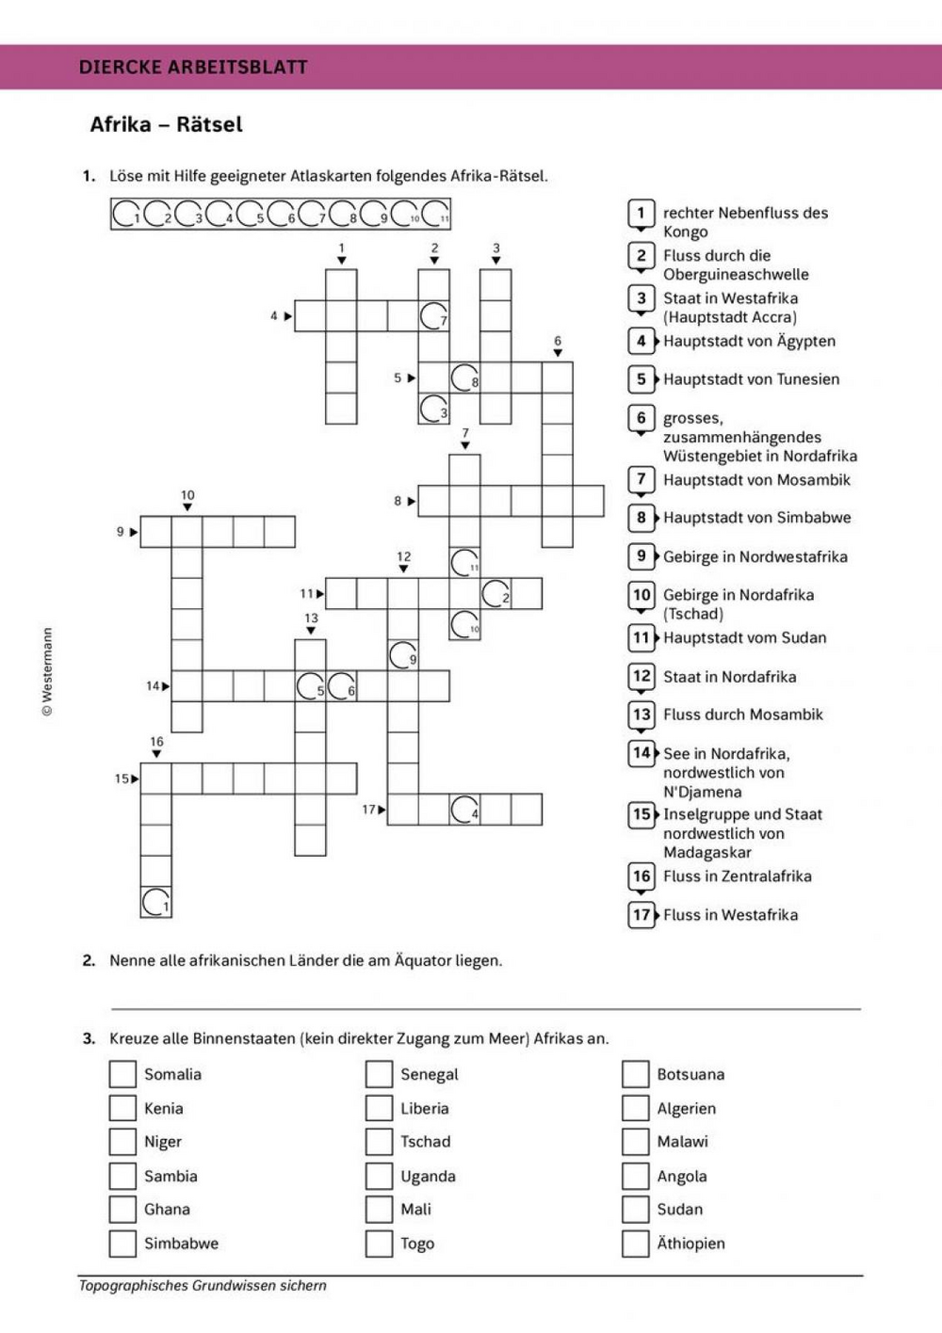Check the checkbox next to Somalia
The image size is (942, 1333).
(122, 1074)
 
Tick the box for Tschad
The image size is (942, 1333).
(379, 1142)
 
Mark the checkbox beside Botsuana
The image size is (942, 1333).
(635, 1074)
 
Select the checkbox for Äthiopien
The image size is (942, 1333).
(635, 1244)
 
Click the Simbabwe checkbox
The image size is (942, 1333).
(122, 1244)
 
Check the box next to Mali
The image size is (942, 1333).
(379, 1210)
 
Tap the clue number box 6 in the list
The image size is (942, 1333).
(642, 418)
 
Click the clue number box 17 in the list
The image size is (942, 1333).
(642, 914)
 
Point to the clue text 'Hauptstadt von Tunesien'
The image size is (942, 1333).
(751, 379)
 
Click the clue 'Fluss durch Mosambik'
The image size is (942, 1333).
(742, 715)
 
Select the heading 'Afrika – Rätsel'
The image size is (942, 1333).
(166, 124)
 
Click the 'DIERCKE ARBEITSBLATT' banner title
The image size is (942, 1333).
(193, 67)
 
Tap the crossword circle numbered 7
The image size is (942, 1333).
(433, 316)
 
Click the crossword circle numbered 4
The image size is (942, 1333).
(464, 809)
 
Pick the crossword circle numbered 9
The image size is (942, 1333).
(403, 655)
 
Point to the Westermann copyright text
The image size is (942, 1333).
(47, 672)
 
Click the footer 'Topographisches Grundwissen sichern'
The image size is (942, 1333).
(203, 1285)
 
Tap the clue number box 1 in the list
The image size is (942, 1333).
(642, 214)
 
